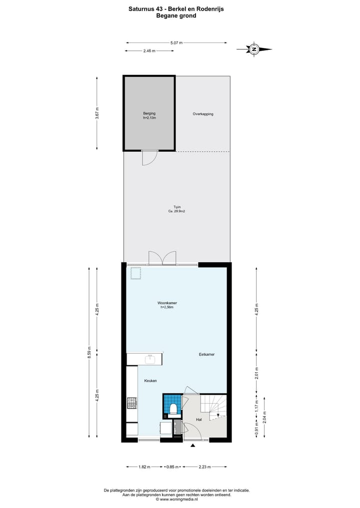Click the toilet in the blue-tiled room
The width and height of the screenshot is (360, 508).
pos(173,410)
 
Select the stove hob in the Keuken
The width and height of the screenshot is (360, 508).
pos(132,402)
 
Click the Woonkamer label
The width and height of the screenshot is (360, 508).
pos(167,303)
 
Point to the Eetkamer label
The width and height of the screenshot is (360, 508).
pos(206,354)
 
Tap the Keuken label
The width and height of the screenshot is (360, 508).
pos(150,381)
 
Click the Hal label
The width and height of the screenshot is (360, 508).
pos(198,420)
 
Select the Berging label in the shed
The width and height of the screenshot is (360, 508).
pos(149,114)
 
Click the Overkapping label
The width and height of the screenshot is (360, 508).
pos(203,114)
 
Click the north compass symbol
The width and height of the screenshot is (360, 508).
pos(254,49)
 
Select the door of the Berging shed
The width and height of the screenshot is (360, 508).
pos(149,158)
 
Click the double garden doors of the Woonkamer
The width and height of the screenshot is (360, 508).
pos(162,258)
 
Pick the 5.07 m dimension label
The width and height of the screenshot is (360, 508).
pos(176,43)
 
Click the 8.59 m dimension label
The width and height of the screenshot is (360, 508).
pos(89,352)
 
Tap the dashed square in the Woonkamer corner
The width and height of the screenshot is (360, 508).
pos(135,273)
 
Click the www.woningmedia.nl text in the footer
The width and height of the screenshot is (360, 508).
pos(178,499)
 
